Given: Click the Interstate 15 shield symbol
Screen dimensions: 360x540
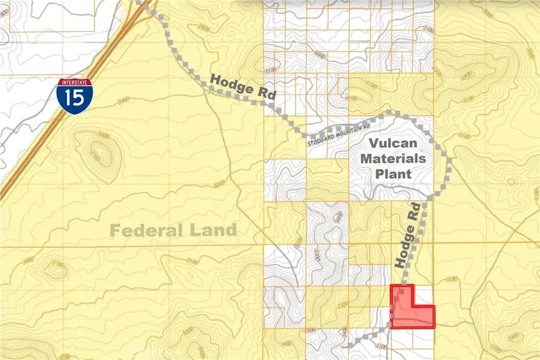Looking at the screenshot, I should click(74, 96).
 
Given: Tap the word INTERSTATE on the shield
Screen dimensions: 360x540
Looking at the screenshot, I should click(74, 83).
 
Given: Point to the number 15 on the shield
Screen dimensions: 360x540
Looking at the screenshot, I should click(74, 100).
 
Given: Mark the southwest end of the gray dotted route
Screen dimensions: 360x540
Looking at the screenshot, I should click(350, 346).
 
